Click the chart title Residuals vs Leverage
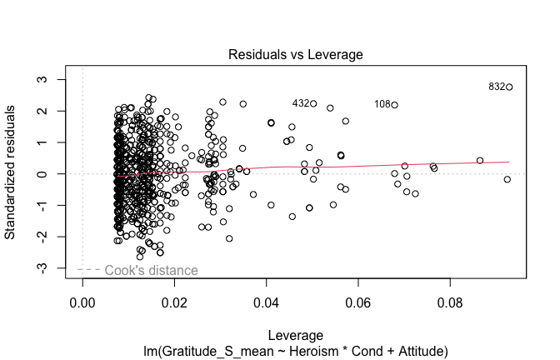(295, 54)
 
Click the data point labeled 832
(509, 87)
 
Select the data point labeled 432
(313, 103)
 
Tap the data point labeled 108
(395, 105)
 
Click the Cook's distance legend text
(151, 270)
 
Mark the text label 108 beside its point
(382, 104)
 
